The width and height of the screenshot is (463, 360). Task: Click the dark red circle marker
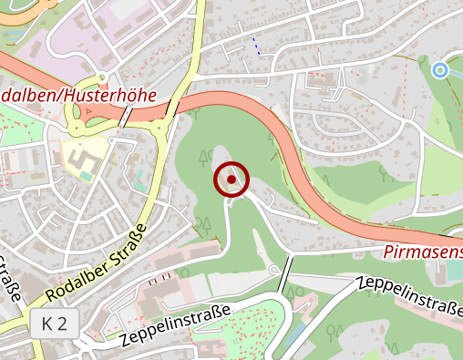(x=231, y=180)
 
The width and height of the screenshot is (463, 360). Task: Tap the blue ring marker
(x=440, y=69)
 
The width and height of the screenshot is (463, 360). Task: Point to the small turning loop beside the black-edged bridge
(x=273, y=270)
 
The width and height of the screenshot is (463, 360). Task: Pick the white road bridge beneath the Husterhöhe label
(x=124, y=116)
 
